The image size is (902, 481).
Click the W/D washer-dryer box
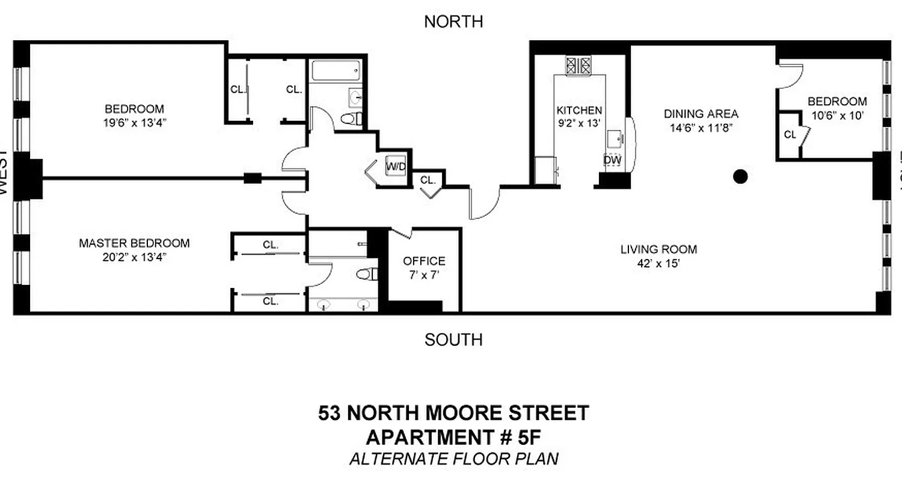(x=395, y=166)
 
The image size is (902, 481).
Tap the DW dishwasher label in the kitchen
(x=612, y=160)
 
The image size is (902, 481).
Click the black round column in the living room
(x=741, y=176)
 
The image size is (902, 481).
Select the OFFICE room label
(x=424, y=261)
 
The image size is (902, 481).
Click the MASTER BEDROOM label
(x=134, y=244)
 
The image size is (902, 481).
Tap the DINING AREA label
(x=701, y=114)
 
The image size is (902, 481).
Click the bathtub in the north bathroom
(x=336, y=72)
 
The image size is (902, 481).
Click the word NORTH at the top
(x=453, y=22)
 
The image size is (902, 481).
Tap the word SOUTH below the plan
(x=453, y=340)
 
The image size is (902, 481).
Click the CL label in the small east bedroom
(x=790, y=135)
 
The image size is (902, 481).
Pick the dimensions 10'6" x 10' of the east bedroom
(x=837, y=115)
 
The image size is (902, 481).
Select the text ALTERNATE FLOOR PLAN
(x=453, y=459)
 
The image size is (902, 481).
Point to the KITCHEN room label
(x=579, y=111)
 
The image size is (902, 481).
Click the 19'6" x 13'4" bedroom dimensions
(x=134, y=123)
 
